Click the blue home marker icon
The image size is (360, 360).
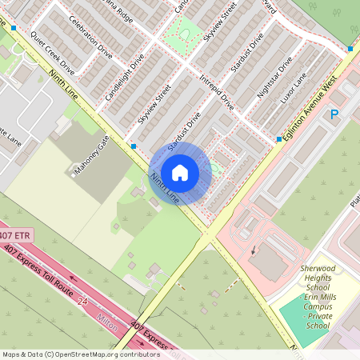[x=180, y=173]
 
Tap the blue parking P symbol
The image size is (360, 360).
[x=334, y=115]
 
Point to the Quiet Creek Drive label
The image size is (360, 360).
[x=52, y=48]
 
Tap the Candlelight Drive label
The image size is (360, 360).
[x=125, y=78]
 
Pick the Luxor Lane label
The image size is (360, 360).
[x=294, y=91]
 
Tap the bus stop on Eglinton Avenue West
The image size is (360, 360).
[x=278, y=139]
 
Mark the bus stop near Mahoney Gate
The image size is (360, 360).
[x=133, y=146]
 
